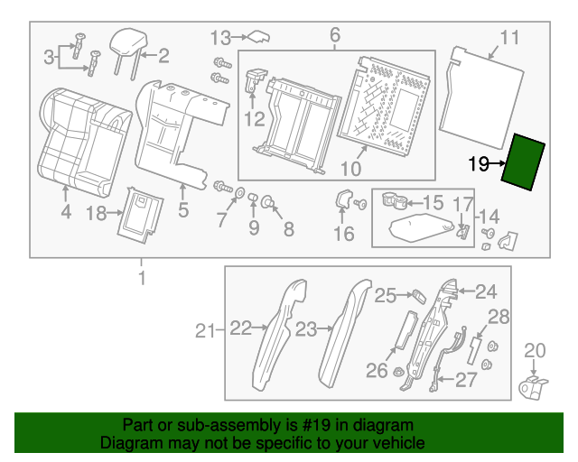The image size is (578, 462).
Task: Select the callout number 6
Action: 335,35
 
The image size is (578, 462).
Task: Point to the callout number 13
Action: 221,37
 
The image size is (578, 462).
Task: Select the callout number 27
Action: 466,380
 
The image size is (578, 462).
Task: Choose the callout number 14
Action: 489,217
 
